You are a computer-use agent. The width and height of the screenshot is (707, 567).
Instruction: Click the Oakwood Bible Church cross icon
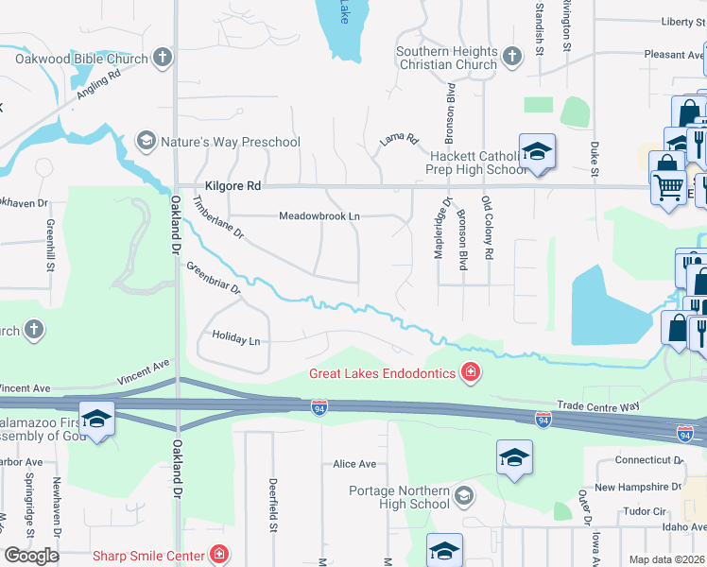162,59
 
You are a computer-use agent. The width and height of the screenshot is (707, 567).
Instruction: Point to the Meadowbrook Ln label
319,216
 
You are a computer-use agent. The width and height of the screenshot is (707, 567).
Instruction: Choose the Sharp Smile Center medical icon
219,555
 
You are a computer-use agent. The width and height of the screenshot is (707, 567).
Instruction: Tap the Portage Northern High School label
399,497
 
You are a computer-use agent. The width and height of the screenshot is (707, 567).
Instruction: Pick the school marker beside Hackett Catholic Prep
537,152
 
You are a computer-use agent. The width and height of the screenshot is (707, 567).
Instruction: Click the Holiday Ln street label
235,336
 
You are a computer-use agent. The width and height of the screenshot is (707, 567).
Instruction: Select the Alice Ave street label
354,464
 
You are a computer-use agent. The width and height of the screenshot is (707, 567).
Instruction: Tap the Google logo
31,556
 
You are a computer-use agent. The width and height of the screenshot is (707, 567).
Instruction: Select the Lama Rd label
399,140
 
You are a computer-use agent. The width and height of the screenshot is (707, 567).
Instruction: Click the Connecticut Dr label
648,460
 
